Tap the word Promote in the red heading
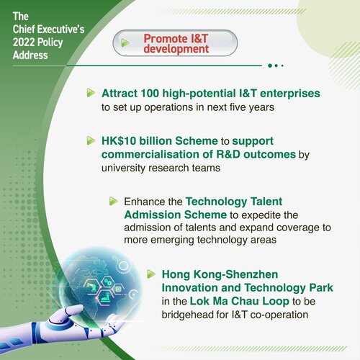tap(165, 38)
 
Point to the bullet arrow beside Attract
tap(91, 94)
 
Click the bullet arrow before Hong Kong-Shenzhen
tap(151, 274)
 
